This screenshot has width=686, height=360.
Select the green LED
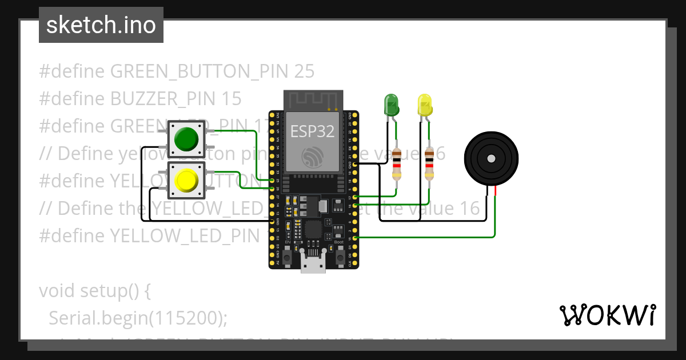392,105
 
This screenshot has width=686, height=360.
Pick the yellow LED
425,105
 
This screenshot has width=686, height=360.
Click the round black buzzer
491,158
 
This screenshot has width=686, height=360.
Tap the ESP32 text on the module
312,131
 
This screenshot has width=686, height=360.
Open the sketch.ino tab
101,25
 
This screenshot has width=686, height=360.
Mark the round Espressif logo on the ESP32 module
312,157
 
